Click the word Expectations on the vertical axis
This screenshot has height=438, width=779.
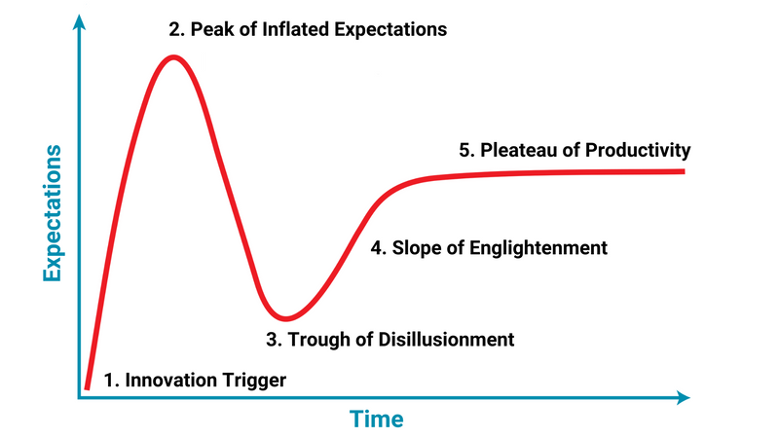point(53,213)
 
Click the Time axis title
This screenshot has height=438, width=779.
point(376,419)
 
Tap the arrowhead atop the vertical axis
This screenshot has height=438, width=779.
point(79,22)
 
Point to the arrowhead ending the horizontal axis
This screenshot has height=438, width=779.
point(684,397)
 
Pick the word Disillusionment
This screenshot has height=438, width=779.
point(446,340)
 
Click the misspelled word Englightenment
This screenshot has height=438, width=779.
point(538,248)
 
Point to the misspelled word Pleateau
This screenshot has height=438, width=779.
point(519,150)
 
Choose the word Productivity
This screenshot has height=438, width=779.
point(638,151)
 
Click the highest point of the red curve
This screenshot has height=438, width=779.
point(173,57)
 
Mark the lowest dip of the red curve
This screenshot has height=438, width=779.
point(285,318)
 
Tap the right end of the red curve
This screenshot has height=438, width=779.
point(685,171)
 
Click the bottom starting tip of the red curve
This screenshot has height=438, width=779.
point(87,387)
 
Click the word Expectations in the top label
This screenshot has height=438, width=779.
point(390,30)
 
